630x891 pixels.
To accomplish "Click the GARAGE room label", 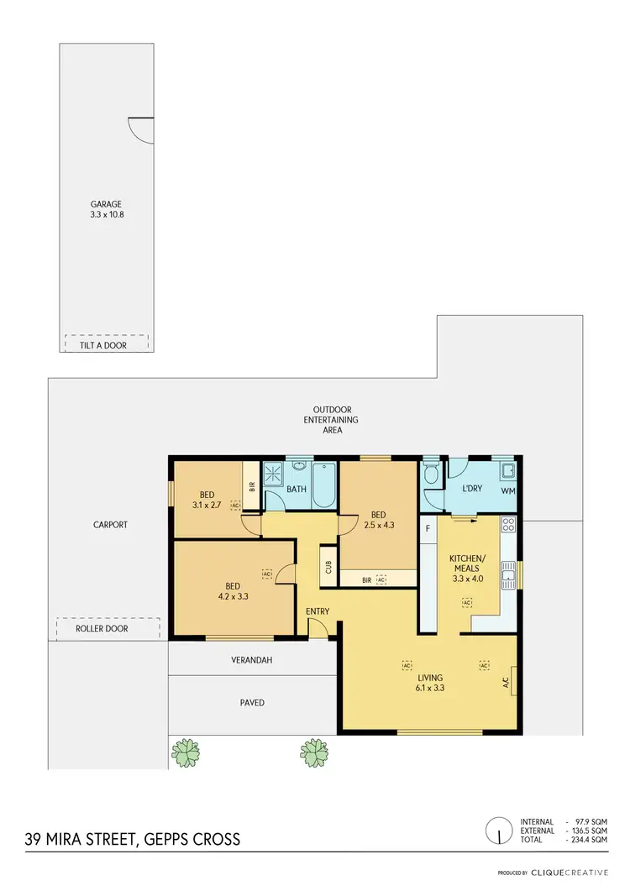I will [x=107, y=203].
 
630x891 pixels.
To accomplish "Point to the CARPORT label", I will [x=110, y=525].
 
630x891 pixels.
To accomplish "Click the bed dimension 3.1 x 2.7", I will [x=206, y=505].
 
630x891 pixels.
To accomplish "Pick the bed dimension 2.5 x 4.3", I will [x=378, y=525].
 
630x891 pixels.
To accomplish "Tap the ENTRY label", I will [x=318, y=611].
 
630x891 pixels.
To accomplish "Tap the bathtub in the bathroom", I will [x=323, y=486].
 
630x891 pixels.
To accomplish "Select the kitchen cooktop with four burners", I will [x=507, y=526].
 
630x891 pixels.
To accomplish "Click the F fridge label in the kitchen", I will [x=428, y=528].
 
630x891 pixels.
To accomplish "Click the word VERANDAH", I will [x=252, y=660].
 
